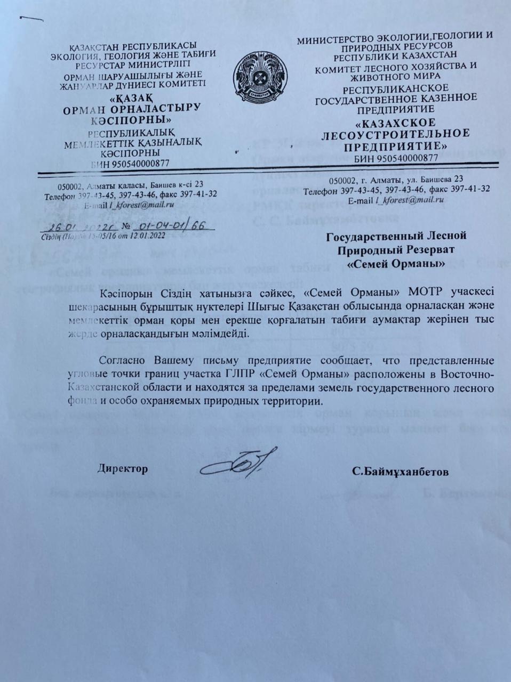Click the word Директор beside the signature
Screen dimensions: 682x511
click(x=122, y=469)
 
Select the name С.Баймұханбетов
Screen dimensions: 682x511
click(x=400, y=472)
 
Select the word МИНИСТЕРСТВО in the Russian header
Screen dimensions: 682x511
click(x=332, y=40)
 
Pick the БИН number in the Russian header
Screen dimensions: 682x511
click(x=411, y=158)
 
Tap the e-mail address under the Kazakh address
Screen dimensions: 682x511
click(x=142, y=204)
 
